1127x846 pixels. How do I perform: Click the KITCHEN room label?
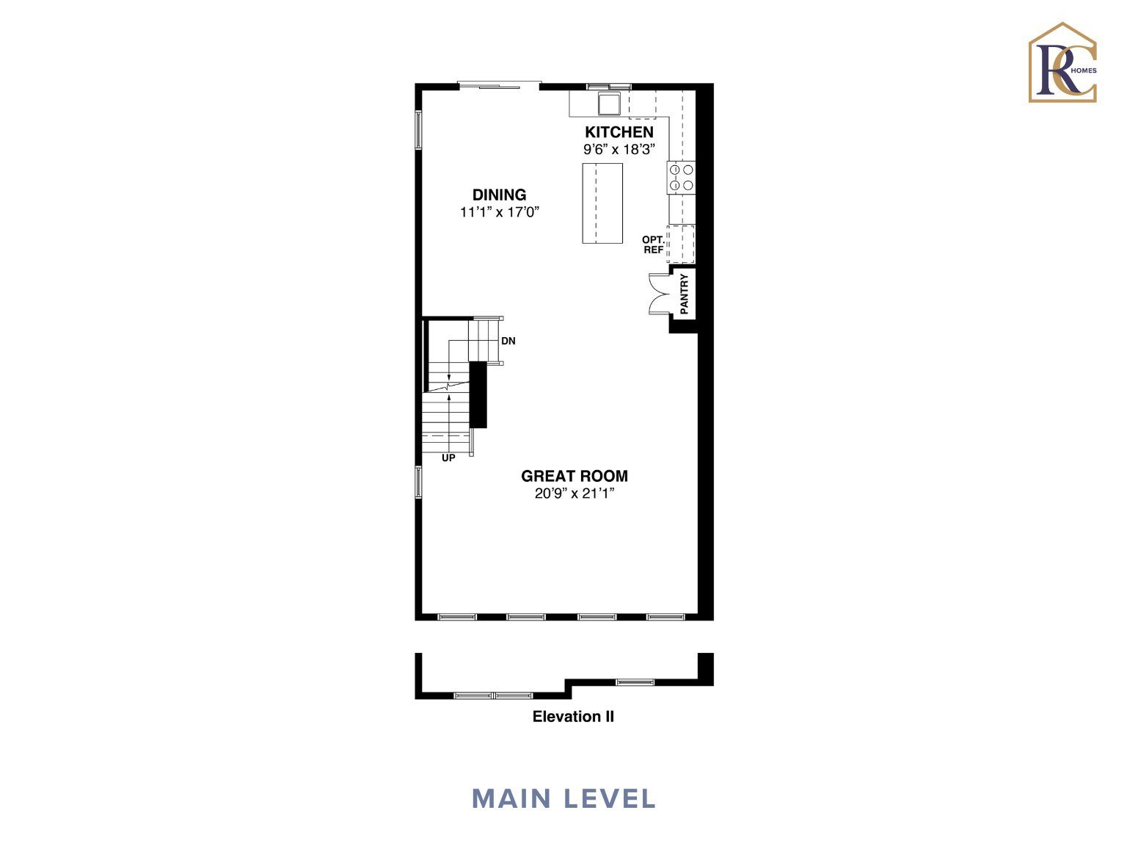619,132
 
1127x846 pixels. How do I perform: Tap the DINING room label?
499,195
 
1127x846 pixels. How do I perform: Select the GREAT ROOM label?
574,476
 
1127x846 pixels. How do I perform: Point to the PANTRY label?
684,294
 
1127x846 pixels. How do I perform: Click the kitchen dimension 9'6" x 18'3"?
619,150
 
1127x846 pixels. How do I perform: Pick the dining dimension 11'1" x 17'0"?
499,212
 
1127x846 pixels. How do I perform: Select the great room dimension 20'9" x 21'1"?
574,493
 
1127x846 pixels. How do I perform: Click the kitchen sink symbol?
608,104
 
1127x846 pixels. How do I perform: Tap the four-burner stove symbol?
681,177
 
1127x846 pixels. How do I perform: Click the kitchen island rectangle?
602,203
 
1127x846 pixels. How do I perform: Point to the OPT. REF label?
653,245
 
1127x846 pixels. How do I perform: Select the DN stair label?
508,341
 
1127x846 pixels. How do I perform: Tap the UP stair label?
448,458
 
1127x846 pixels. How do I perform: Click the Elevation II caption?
573,717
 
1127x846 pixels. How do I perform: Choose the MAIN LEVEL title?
563,799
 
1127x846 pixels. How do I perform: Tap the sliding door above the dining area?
498,85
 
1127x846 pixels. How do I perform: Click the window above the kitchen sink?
609,87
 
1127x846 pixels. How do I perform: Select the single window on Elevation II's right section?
635,682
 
